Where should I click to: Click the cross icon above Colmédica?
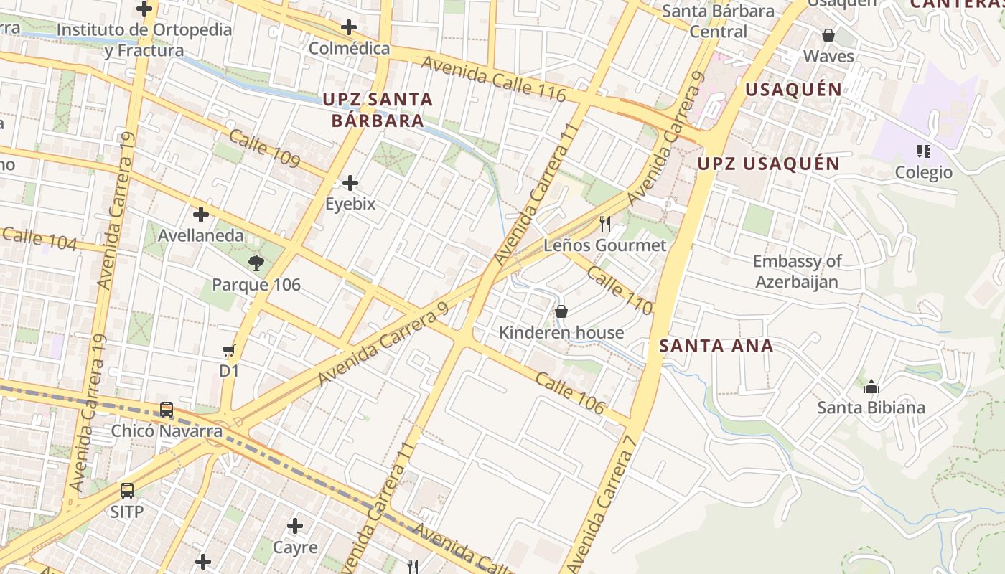coord(349,28)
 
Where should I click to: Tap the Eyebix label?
coord(350,204)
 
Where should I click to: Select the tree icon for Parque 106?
coord(256,263)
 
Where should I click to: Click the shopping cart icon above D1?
coord(229,350)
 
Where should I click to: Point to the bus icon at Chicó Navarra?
coord(167,410)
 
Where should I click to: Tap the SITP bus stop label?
coord(127,512)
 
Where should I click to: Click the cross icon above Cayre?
coord(295,526)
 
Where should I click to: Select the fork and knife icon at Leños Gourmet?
coord(605,224)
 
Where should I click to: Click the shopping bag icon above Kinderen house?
coord(561,311)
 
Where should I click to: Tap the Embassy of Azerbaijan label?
coord(797,271)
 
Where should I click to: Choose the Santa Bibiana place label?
coord(871,408)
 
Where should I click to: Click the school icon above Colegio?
coord(923,151)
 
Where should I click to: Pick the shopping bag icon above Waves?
coord(828,35)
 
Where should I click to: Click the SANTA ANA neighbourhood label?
coord(716,346)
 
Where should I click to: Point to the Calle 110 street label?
coord(620,290)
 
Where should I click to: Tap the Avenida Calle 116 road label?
coord(493,79)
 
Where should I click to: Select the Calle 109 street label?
coord(264,148)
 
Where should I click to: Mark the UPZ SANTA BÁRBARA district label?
coord(378,110)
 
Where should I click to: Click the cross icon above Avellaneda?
coord(201,215)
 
